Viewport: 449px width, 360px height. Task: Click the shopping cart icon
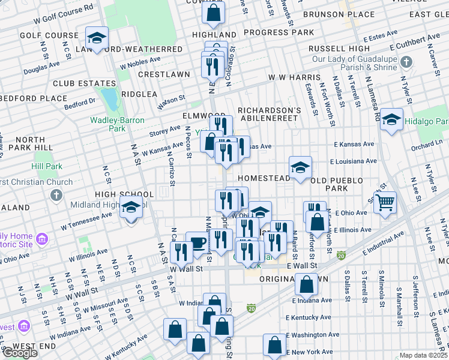(x=385, y=202)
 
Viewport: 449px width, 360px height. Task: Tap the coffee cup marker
(x=196, y=242)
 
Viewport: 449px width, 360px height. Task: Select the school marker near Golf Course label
(x=97, y=38)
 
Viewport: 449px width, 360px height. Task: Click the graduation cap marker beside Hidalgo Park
(x=391, y=120)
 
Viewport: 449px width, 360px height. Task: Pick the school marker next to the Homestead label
(x=300, y=167)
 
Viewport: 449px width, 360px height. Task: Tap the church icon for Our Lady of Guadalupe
(x=406, y=62)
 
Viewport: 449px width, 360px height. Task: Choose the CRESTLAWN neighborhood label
(x=163, y=74)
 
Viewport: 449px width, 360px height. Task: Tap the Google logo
(x=19, y=353)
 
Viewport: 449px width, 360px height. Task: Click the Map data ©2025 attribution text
(x=424, y=355)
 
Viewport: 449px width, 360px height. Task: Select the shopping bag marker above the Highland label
(x=213, y=12)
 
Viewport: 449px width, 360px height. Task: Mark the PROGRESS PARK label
(x=279, y=32)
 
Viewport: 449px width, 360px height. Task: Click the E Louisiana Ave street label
(x=353, y=161)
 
